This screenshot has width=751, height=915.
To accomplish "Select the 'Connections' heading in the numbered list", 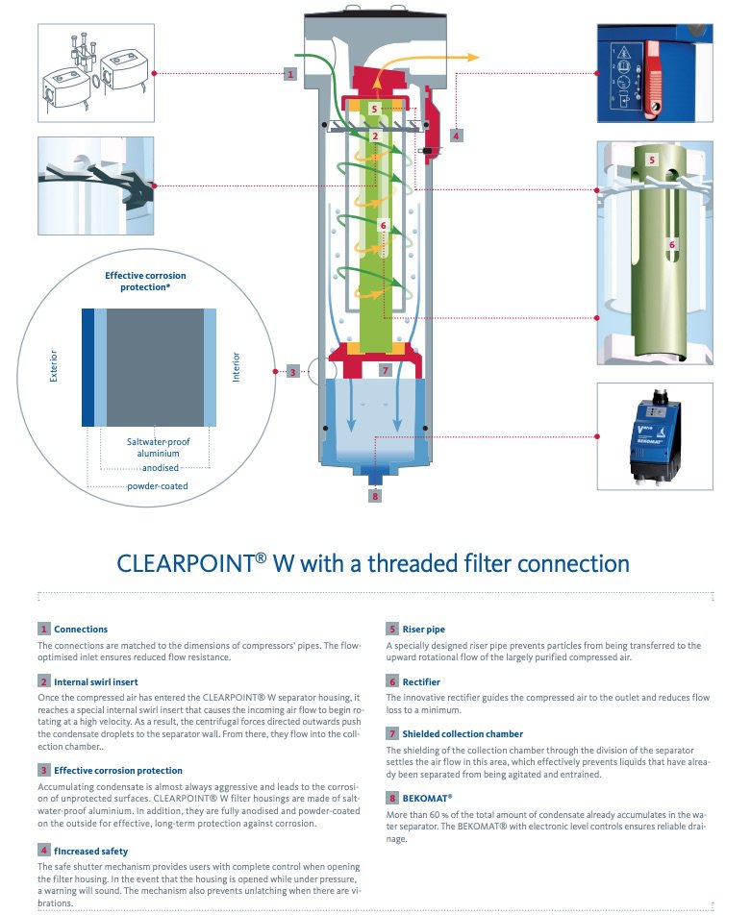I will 81,629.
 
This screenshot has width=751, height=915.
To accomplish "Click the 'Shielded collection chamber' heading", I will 457,733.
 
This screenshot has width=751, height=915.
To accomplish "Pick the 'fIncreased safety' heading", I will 91,851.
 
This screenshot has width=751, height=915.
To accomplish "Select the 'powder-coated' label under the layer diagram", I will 157,485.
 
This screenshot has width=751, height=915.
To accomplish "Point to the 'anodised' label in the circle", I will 160,468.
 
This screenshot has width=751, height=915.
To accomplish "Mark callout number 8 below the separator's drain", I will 375,497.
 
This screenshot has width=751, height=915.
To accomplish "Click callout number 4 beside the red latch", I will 456,135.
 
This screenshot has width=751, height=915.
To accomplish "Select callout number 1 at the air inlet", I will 289,74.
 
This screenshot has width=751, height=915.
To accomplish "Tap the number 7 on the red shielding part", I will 383,369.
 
